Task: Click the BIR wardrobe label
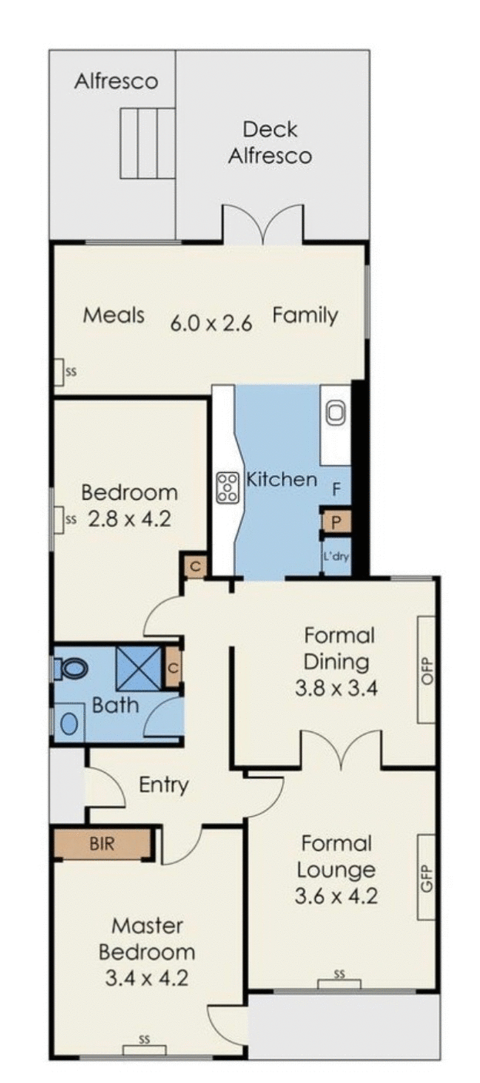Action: (101, 844)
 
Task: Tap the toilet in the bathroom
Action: (72, 667)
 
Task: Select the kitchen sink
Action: (336, 414)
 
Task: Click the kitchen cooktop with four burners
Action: (227, 488)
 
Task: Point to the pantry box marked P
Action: (336, 521)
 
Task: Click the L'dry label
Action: (336, 555)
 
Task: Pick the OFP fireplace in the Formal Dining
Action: (426, 669)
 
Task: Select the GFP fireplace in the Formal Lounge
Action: (426, 876)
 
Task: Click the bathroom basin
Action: (69, 724)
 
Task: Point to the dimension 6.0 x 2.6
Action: (211, 323)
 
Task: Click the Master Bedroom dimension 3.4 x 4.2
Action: (146, 979)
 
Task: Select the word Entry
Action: (163, 785)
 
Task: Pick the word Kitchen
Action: (281, 479)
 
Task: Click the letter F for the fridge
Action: (336, 488)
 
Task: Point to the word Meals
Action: (114, 315)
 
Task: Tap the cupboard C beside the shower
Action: (173, 668)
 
